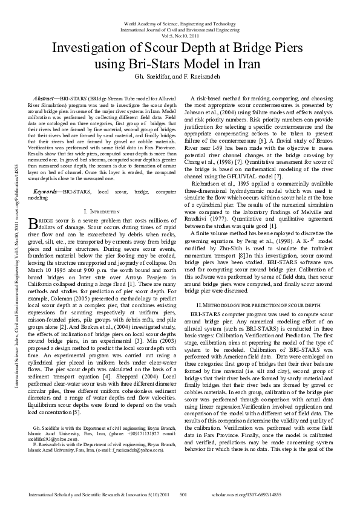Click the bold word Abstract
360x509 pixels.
[47, 97]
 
